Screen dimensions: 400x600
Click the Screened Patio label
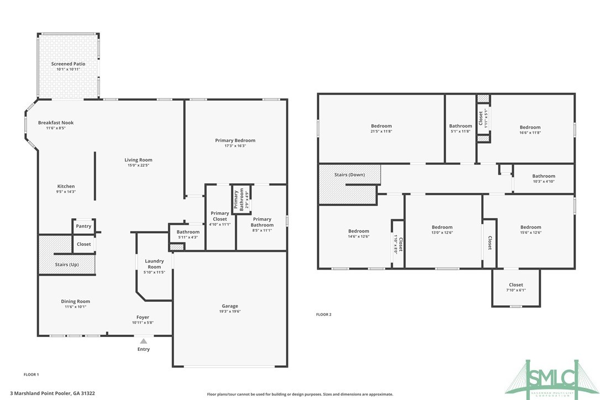click(69, 64)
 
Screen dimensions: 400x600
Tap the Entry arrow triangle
click(144, 341)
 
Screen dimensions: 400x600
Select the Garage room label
click(230, 306)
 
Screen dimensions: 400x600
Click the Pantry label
click(83, 226)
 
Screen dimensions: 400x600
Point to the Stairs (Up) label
click(67, 265)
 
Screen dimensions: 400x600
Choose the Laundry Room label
click(155, 264)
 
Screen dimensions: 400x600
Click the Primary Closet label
click(220, 216)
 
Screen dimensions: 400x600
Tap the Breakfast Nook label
click(56, 123)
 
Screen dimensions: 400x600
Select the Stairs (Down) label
click(349, 175)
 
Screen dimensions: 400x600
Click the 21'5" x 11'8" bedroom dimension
click(381, 131)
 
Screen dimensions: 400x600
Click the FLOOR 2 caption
click(324, 314)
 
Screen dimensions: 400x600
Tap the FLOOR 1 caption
click(31, 375)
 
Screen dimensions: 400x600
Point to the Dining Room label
click(75, 301)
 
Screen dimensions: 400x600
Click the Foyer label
click(143, 317)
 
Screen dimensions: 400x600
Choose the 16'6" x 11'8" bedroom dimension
click(530, 133)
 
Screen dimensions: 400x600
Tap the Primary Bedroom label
click(235, 140)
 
